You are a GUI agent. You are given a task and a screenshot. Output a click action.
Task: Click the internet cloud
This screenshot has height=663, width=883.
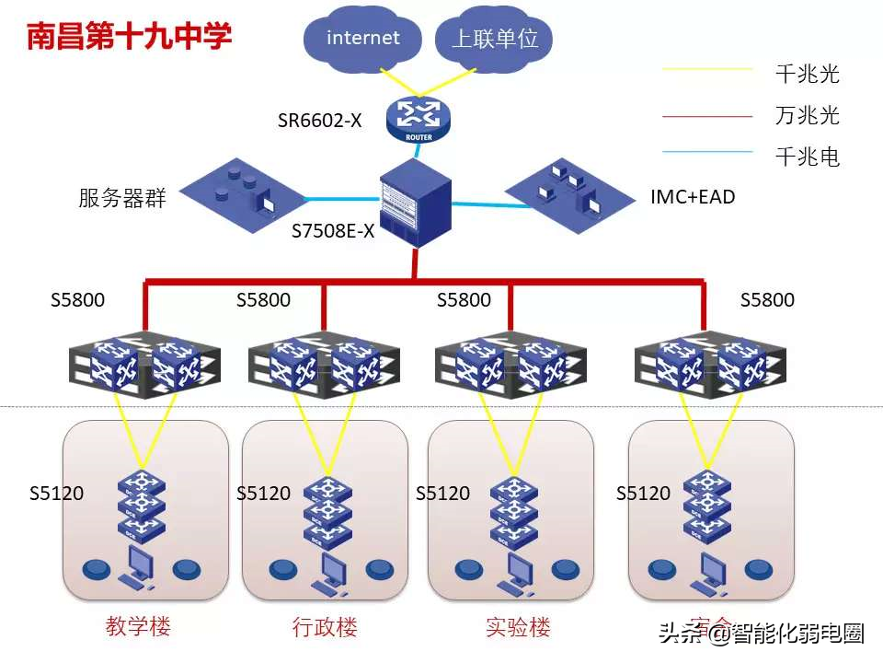[x=363, y=39]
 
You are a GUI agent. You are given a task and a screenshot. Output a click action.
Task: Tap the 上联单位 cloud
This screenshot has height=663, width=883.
[x=494, y=39]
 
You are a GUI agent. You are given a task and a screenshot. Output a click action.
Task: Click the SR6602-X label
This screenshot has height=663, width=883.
[x=320, y=120]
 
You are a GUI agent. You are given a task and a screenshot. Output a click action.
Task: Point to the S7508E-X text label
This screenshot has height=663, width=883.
[x=333, y=231]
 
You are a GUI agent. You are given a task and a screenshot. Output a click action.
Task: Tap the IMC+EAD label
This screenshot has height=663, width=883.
[x=693, y=196]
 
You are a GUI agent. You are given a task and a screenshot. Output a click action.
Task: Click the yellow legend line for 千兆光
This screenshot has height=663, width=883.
[x=707, y=68]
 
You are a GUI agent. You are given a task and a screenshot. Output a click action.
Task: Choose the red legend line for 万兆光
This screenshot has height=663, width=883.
[x=707, y=117]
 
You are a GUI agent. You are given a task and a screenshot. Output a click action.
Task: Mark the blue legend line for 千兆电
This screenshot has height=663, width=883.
[x=707, y=152]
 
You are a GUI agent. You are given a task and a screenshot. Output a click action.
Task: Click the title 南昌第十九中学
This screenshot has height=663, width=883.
[x=129, y=37]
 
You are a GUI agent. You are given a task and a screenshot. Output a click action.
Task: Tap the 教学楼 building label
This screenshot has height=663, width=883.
[x=138, y=627]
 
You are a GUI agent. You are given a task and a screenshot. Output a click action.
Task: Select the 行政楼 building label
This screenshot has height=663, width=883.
[x=325, y=628]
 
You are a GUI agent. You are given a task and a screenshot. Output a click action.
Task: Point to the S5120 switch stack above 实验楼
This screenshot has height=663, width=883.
[x=513, y=513]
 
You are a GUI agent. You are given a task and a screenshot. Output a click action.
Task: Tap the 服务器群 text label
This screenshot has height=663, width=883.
[x=122, y=198]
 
